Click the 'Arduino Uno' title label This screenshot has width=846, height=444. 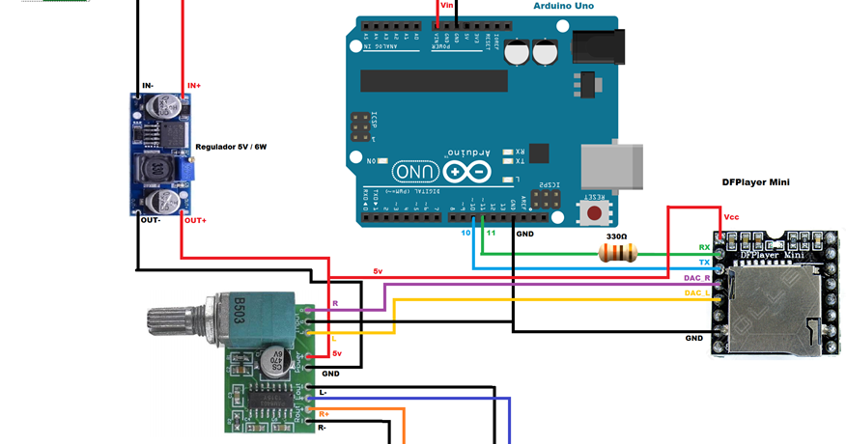(563, 6)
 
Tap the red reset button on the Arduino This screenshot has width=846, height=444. (595, 211)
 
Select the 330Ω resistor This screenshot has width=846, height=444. (618, 253)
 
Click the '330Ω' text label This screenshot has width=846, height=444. (616, 236)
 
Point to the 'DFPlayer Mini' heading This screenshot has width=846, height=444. (756, 181)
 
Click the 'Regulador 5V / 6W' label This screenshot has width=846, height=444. (231, 147)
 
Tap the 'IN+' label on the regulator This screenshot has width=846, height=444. (193, 86)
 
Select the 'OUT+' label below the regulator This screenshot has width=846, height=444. (195, 220)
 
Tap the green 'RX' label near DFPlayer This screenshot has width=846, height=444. (704, 248)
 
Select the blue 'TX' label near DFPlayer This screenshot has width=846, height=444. (704, 263)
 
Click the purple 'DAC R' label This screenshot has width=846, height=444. (698, 278)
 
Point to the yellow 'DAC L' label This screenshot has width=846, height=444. (698, 292)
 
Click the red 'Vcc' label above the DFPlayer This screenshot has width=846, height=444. (731, 219)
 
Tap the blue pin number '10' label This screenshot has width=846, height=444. (465, 234)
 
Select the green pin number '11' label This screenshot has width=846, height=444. (491, 234)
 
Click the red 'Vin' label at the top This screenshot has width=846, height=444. (446, 6)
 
